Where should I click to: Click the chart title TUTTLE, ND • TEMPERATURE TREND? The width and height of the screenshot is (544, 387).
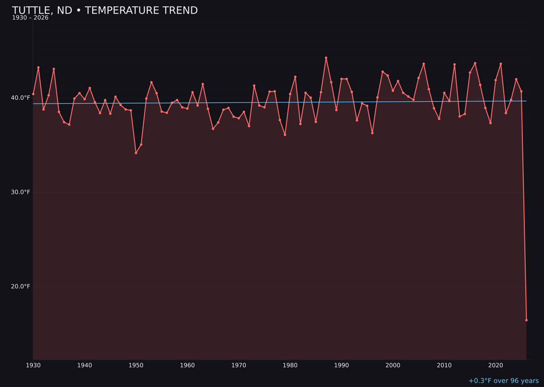point(105,11)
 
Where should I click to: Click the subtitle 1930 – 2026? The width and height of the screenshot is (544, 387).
point(30,18)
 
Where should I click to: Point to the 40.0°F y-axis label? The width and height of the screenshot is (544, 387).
point(20,98)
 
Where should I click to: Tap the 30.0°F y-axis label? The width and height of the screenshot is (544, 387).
point(20,192)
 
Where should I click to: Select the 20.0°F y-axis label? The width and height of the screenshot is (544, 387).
point(20,287)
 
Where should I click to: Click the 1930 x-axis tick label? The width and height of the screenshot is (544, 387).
point(33,365)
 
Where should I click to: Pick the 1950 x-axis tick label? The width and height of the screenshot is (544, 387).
point(136,365)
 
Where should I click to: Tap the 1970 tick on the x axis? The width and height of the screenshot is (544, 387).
point(239,365)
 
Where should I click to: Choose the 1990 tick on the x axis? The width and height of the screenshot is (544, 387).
point(342,365)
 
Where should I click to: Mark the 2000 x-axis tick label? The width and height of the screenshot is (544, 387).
point(393,365)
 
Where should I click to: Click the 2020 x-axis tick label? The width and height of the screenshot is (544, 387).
point(496,365)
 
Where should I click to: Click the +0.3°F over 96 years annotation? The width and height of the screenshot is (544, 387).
point(503,381)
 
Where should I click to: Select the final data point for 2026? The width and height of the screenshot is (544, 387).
point(526,320)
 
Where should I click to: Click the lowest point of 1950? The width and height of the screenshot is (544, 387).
point(136,153)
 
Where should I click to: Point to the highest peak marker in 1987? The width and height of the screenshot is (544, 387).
point(326,58)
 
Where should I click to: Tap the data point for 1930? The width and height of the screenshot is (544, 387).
point(33,94)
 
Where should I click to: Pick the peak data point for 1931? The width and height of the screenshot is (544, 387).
point(38,68)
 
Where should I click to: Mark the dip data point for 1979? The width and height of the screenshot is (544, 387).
point(285,135)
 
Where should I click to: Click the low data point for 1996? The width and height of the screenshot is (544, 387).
point(372,133)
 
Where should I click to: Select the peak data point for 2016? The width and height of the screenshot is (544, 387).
point(475,63)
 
